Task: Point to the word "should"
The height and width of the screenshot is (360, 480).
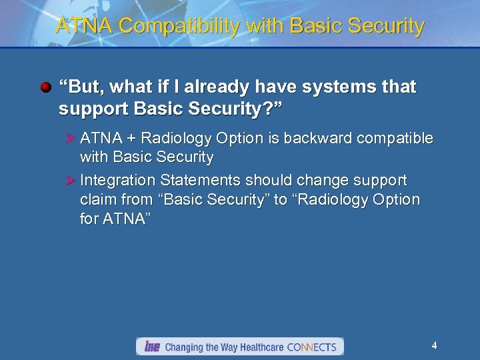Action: click(269, 181)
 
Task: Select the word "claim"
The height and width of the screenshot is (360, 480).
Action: click(98, 200)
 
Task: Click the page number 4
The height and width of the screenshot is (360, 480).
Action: click(434, 345)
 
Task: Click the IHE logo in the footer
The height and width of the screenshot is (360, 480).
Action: click(151, 347)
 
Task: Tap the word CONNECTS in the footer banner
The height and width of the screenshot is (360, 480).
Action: click(311, 347)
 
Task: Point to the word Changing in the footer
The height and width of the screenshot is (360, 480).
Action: click(184, 347)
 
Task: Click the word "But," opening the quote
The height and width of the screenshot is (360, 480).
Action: click(81, 87)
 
